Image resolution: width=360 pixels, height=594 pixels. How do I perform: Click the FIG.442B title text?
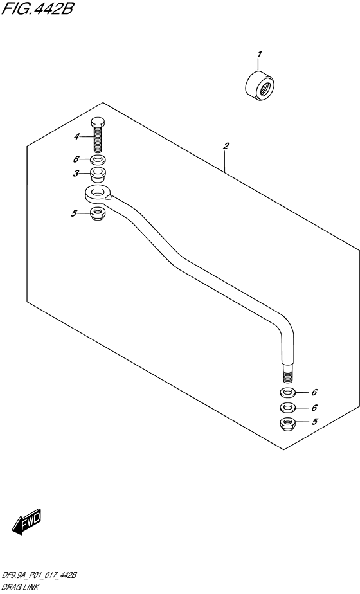pos(37,9)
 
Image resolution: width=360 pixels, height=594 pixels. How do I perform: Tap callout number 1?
pos(260,55)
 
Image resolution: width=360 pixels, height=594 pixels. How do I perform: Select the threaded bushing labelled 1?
pos(260,86)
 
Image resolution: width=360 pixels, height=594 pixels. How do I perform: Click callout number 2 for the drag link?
pos(226,146)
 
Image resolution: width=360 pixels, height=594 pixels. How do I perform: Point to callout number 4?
pos(76,136)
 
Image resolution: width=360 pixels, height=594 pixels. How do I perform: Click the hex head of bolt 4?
pos(98,123)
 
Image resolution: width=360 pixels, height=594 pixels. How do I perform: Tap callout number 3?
pos(76,174)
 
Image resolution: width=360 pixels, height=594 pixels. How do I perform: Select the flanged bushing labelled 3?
pos(98,174)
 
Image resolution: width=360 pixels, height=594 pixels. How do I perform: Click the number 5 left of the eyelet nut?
pos(73,213)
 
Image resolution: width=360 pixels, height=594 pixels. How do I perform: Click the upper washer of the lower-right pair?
pos(288,392)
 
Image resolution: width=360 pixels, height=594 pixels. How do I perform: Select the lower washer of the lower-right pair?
pos(288,408)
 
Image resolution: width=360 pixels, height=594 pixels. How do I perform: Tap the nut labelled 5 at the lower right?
pos(288,423)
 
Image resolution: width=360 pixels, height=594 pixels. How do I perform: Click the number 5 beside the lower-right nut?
pos(314,421)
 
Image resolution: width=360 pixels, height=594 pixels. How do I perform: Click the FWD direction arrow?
pos(26,523)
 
